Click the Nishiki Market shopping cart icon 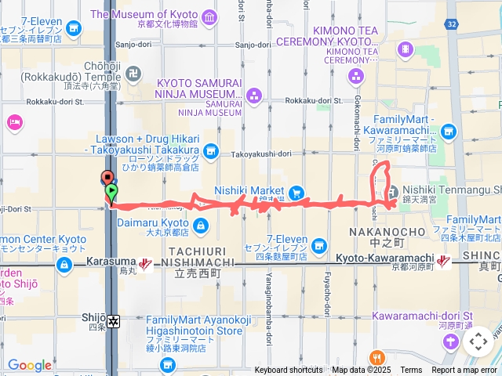[296, 192]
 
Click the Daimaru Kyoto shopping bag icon [201, 226]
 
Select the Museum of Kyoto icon [209, 17]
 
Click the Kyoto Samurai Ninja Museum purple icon [253, 96]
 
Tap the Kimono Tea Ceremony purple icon [356, 77]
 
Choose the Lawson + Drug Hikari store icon [211, 150]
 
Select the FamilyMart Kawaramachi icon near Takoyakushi [448, 132]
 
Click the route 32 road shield [451, 24]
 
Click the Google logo [29, 365]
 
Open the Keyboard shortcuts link [289, 370]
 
